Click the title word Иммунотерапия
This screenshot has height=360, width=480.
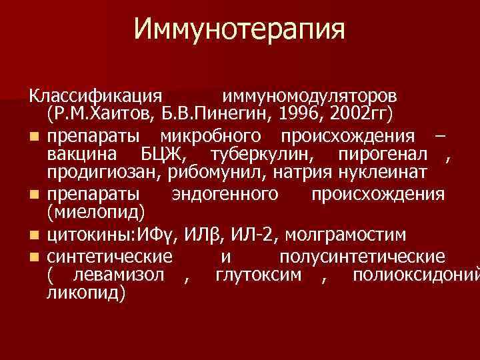[x=239, y=30]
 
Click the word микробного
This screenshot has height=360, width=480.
[x=216, y=137]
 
